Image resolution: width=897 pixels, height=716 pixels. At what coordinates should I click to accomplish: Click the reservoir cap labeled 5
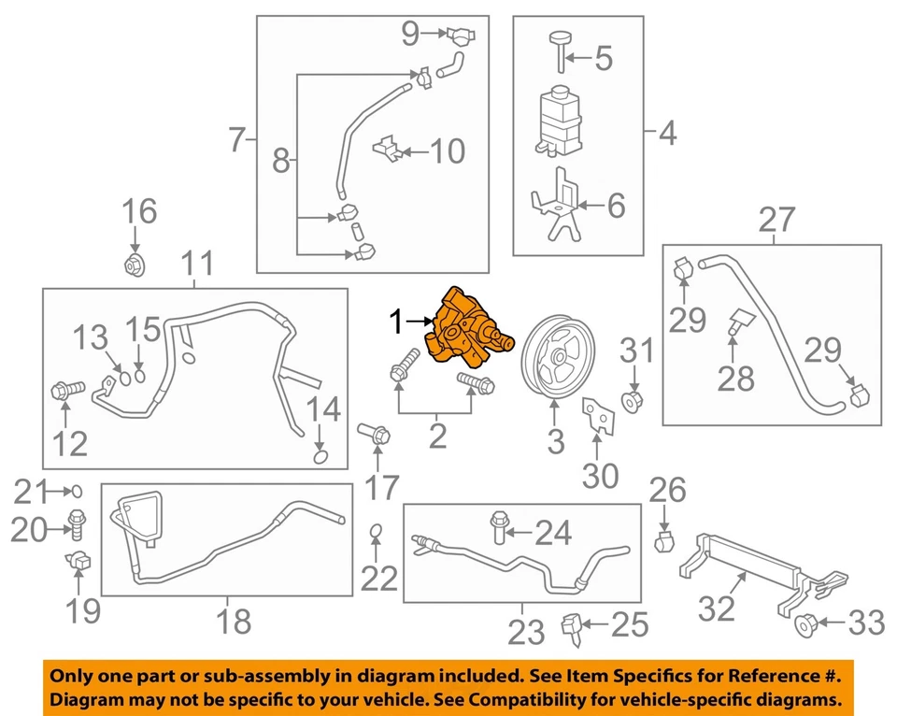coord(559,47)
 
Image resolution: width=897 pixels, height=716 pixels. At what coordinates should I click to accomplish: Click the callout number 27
coord(776,221)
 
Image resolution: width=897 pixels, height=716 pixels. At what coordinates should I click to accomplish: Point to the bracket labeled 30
coord(594,418)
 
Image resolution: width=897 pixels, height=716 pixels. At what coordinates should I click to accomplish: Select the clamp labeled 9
coord(460,36)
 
